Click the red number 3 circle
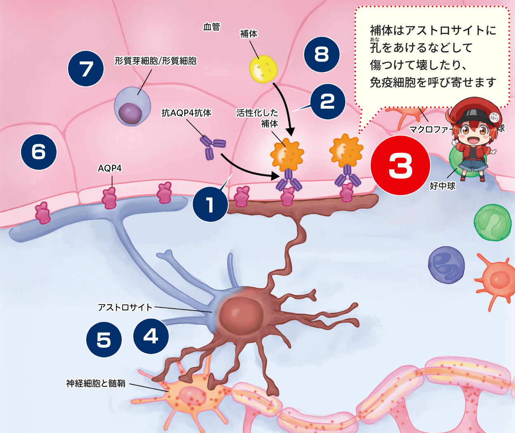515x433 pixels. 400,165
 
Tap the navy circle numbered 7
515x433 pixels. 86,69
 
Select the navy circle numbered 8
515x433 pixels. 321,54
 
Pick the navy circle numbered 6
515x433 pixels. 39,152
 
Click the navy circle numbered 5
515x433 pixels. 104,340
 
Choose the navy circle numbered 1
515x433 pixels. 210,204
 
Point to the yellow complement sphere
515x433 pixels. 263,69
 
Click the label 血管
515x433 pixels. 212,27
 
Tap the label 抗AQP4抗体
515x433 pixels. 186,112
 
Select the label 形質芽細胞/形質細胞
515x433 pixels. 156,61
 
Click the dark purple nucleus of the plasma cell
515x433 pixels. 130,113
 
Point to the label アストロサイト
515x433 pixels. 125,307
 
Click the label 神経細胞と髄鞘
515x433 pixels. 96,383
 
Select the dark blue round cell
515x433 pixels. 446,265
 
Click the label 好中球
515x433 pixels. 442,186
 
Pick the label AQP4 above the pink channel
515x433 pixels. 110,168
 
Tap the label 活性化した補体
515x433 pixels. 258,118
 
